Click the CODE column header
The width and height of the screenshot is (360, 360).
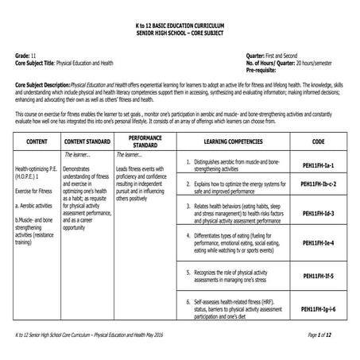click(x=318, y=141)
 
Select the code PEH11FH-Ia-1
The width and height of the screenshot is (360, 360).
click(x=318, y=164)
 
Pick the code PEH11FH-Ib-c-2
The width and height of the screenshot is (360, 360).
click(x=318, y=184)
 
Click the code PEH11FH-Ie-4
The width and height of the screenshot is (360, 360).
click(x=318, y=242)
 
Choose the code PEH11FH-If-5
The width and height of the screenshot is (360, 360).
click(x=318, y=278)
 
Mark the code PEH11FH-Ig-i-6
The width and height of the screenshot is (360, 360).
click(x=318, y=308)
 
